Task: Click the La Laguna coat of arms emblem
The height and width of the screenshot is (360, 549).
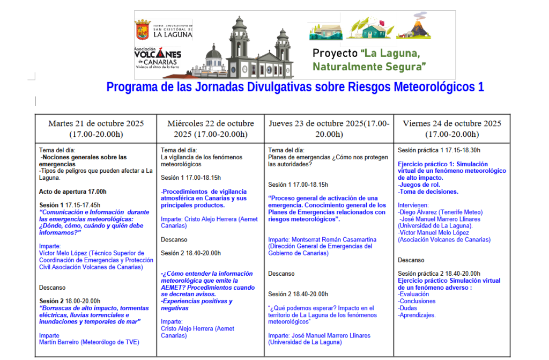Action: click(142, 30)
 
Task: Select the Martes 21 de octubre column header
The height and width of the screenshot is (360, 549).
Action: click(96, 129)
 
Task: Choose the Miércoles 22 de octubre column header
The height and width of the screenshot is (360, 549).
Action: click(211, 129)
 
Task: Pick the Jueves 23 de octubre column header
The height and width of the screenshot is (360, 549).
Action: click(329, 129)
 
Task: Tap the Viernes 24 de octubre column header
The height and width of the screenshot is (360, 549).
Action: click(452, 129)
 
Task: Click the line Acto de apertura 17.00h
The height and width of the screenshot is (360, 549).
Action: click(73, 192)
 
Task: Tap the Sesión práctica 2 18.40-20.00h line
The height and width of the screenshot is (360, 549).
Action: click(439, 274)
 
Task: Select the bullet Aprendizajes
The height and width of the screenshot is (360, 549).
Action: click(417, 315)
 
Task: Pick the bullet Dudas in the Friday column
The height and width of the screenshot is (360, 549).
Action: click(409, 308)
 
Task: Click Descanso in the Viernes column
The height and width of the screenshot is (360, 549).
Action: click(411, 260)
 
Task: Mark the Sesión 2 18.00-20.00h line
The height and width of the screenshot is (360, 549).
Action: click(70, 301)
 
